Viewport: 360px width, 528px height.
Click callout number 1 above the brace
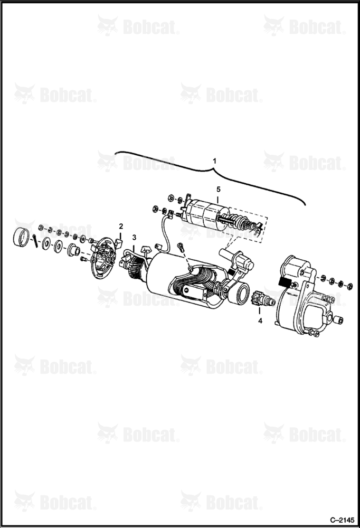click(x=214, y=161)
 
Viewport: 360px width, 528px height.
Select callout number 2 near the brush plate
click(x=121, y=225)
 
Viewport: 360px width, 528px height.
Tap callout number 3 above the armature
click(x=134, y=238)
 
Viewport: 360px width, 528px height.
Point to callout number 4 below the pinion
click(x=260, y=321)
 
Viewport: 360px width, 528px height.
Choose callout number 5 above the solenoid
click(x=218, y=190)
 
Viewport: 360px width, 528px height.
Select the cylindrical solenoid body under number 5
click(x=205, y=215)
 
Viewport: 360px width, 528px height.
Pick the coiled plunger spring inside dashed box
click(x=240, y=224)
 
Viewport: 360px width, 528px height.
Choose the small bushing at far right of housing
click(x=339, y=320)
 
